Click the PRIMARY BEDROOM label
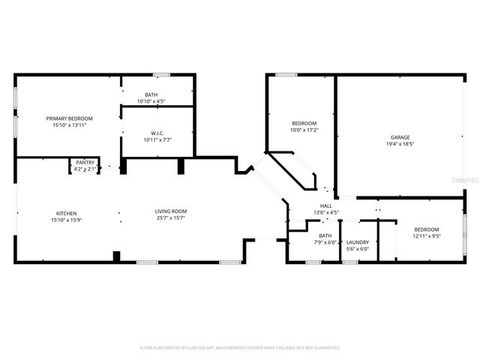click(69, 118)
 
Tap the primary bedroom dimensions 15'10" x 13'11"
click(69, 125)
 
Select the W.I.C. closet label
click(157, 133)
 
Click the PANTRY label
click(85, 163)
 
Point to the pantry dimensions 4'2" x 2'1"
click(85, 169)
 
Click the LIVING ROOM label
click(170, 211)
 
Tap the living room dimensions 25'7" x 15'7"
click(170, 218)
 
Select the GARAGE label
click(400, 137)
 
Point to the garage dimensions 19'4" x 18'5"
click(400, 144)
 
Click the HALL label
click(326, 205)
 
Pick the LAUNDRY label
click(357, 241)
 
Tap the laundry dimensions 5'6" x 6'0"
click(357, 248)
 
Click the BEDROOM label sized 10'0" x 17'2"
click(304, 123)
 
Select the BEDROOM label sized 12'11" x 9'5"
click(426, 229)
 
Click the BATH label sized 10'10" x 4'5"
click(151, 94)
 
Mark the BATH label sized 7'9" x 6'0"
click(325, 235)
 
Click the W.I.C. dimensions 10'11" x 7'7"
click(157, 139)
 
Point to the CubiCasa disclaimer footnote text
click(240, 348)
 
